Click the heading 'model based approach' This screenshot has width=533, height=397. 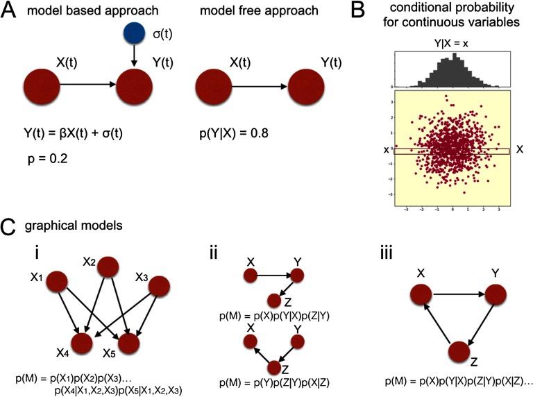point(86,11)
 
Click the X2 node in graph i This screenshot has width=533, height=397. point(108,267)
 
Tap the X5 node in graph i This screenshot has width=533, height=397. point(130,343)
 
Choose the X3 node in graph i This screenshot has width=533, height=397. point(159,287)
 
